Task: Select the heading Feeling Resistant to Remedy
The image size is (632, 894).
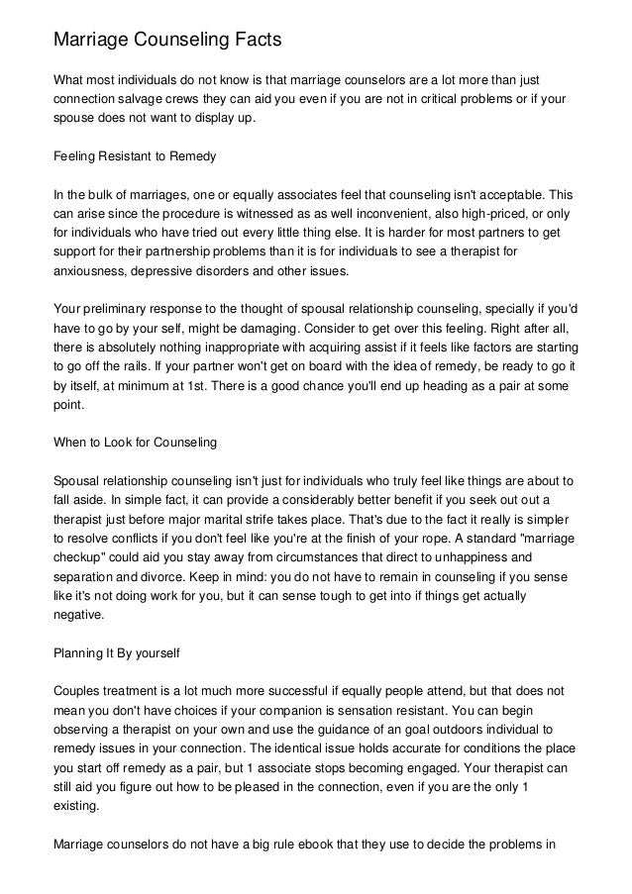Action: click(x=134, y=156)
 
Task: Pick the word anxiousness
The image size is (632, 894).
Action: click(x=92, y=270)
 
